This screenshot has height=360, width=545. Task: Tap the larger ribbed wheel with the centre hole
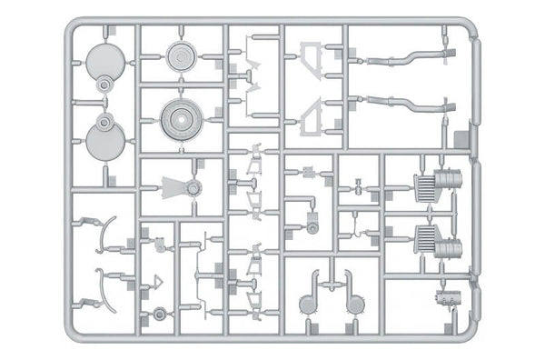[x=182, y=116]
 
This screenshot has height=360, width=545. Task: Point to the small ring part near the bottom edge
[x=160, y=315]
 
